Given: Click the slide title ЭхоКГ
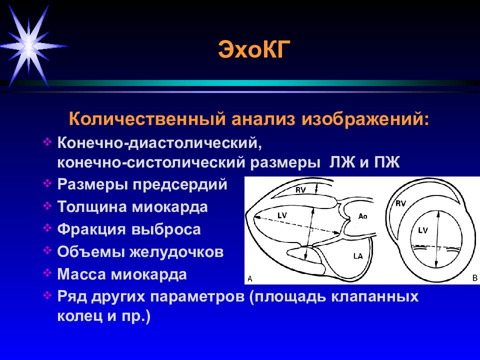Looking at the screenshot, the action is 254,49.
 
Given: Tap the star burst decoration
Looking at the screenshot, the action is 29,46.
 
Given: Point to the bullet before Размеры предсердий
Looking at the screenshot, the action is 47,183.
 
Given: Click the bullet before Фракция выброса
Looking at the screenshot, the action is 47,228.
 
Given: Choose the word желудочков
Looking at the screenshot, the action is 176,251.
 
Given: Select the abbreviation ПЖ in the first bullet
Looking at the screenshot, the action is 386,162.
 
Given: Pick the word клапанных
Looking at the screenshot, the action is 373,296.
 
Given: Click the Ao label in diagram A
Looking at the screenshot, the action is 363,216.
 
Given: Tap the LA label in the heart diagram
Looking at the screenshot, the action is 358,255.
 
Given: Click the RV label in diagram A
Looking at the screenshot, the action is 300,190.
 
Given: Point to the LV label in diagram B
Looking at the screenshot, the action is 423,230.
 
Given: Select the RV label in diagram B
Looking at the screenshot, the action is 400,203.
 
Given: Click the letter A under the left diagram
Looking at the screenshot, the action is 250,279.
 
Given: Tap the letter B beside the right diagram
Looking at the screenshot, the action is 475,278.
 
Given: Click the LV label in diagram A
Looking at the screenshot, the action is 282,215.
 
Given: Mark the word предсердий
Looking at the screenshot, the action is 180,184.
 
